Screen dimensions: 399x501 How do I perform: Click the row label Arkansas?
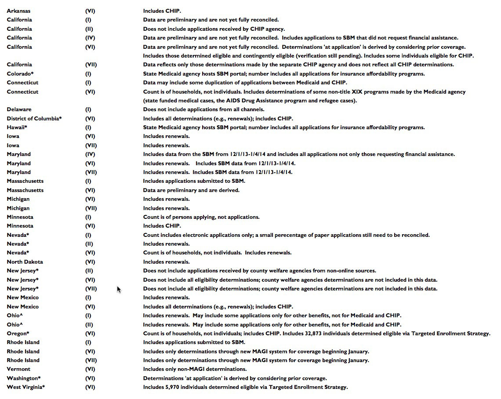coord(18,11)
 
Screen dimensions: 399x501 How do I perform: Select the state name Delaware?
coord(19,109)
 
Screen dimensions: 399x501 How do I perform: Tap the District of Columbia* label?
coord(34,119)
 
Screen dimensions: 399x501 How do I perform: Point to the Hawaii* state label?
coord(17,127)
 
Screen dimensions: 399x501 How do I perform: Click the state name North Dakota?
coord(25,262)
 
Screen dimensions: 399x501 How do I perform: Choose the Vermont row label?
coord(18,369)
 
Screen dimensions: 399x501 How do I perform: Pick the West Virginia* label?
coord(26,387)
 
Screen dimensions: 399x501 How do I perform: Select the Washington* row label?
coord(24,378)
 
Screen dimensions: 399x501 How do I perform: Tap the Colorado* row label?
coord(20,74)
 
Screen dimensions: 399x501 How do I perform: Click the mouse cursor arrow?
coord(119,289)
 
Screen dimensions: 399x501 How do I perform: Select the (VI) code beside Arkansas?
coord(90,11)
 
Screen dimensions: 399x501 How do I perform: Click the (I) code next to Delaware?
coord(88,109)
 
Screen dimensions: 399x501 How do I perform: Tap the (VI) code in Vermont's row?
coord(90,369)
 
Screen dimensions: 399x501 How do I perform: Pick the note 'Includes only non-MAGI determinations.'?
coord(195,369)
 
